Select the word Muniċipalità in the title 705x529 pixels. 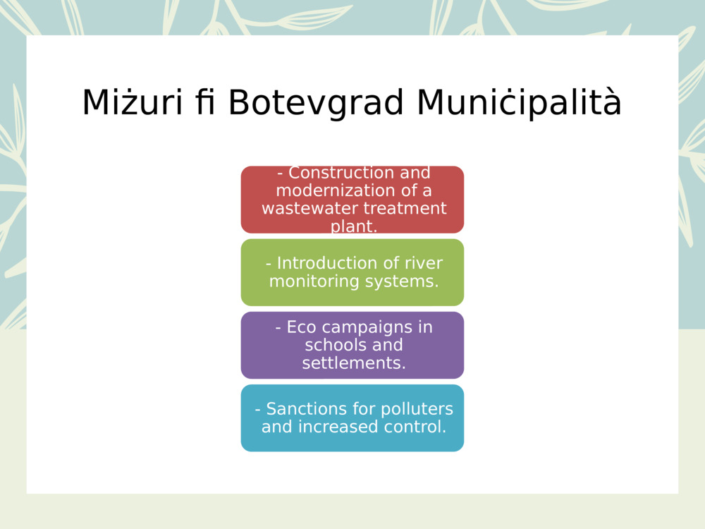519,103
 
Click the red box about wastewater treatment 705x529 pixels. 352,200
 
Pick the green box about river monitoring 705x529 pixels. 352,272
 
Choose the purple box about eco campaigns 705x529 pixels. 352,345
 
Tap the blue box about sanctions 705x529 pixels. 352,418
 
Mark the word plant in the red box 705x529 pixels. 352,226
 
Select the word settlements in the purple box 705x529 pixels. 353,363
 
